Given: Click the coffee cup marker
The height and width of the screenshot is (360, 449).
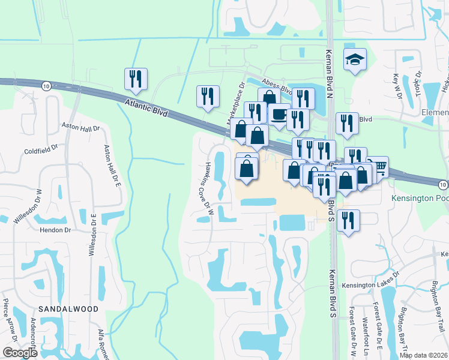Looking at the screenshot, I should tap(279, 114).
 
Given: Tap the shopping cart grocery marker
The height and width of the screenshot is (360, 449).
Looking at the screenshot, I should tap(378, 167).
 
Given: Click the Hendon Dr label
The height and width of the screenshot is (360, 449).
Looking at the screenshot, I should tap(55, 230).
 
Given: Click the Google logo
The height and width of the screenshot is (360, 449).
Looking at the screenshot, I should tap(20, 353).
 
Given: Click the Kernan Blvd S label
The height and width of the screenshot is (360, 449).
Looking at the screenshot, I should tap(331, 292).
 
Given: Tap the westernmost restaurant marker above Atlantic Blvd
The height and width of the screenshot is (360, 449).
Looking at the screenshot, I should tap(136, 79).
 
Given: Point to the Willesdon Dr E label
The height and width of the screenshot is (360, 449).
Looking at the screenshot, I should tap(92, 234).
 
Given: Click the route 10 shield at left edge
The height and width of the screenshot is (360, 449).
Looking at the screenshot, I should tap(46, 86).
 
